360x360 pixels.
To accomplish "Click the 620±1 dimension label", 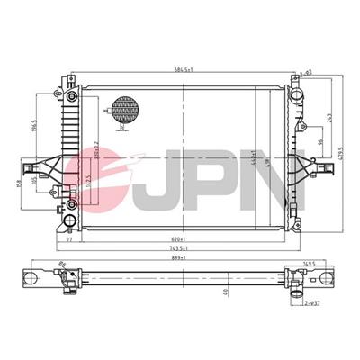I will pos(183,237).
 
